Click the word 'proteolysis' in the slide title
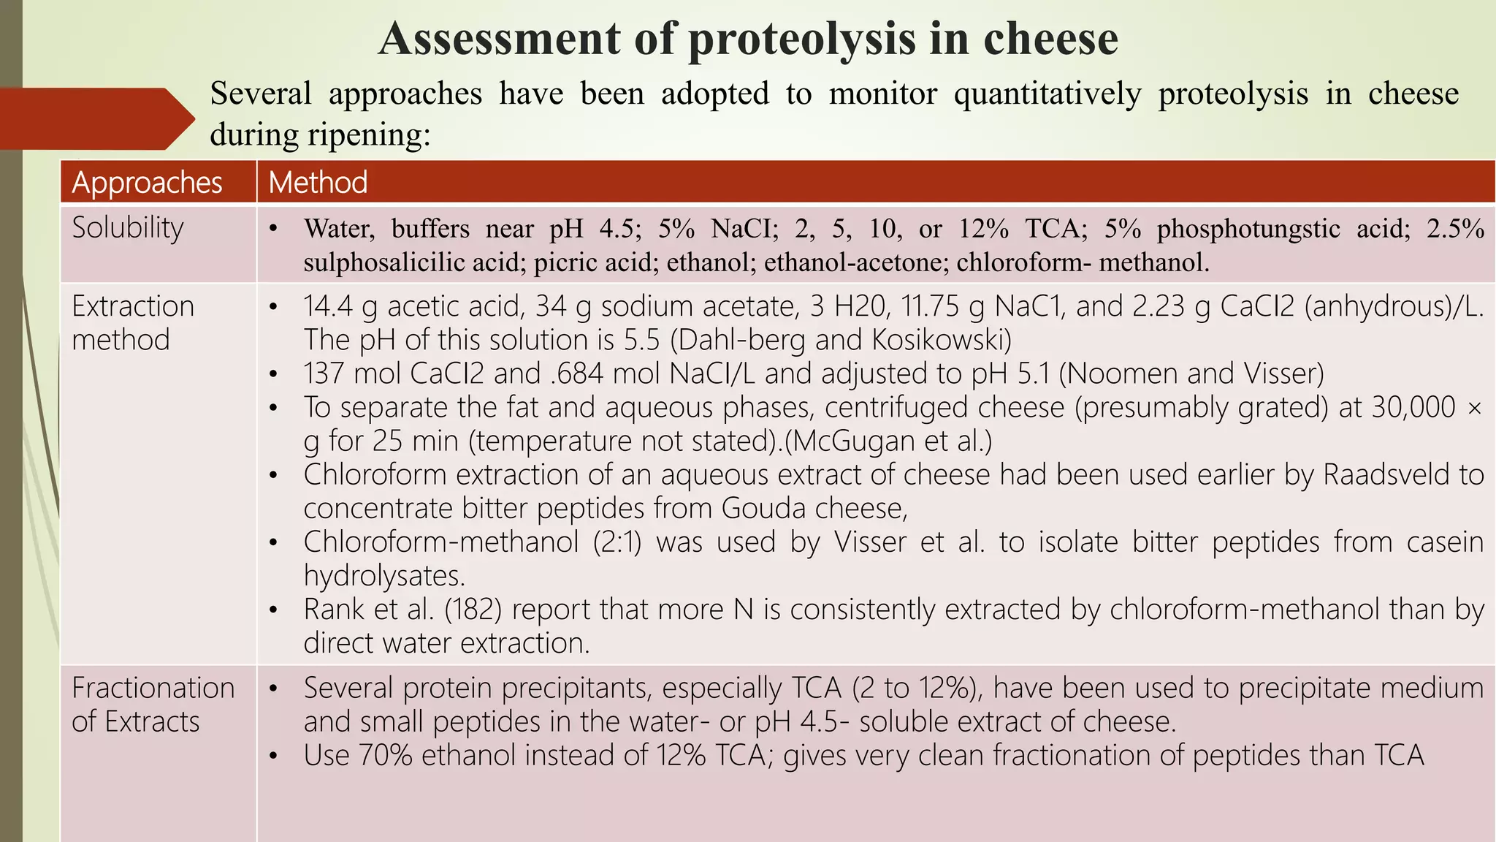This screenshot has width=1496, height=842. point(801,39)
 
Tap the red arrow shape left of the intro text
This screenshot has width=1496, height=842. point(95,119)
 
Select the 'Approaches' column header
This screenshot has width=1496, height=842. point(147,182)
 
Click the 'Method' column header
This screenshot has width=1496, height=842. point(318,182)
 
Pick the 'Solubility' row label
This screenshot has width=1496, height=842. point(128,228)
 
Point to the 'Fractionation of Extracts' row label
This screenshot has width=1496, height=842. point(153,705)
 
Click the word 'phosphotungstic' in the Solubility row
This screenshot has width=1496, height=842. point(1248,229)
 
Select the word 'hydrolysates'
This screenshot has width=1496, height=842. point(383,576)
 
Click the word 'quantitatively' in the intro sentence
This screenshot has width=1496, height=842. point(1047,94)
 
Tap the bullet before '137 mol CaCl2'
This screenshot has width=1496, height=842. point(273,374)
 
